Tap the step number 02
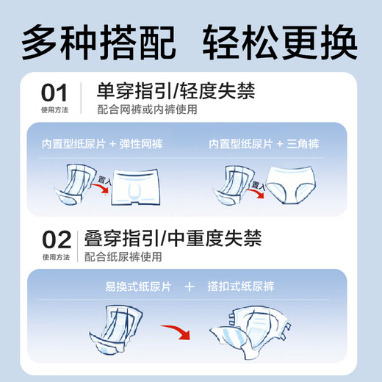(x=57, y=239)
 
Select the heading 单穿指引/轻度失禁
(x=176, y=91)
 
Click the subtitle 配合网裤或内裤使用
(x=148, y=110)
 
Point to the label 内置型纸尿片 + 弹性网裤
(x=104, y=143)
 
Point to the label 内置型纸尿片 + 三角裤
(x=270, y=143)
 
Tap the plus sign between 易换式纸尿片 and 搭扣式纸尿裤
(x=189, y=286)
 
